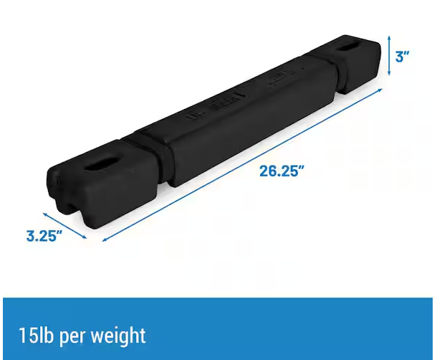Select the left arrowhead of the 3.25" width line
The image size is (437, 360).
(44, 212)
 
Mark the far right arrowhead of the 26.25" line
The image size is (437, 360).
(382, 90)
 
